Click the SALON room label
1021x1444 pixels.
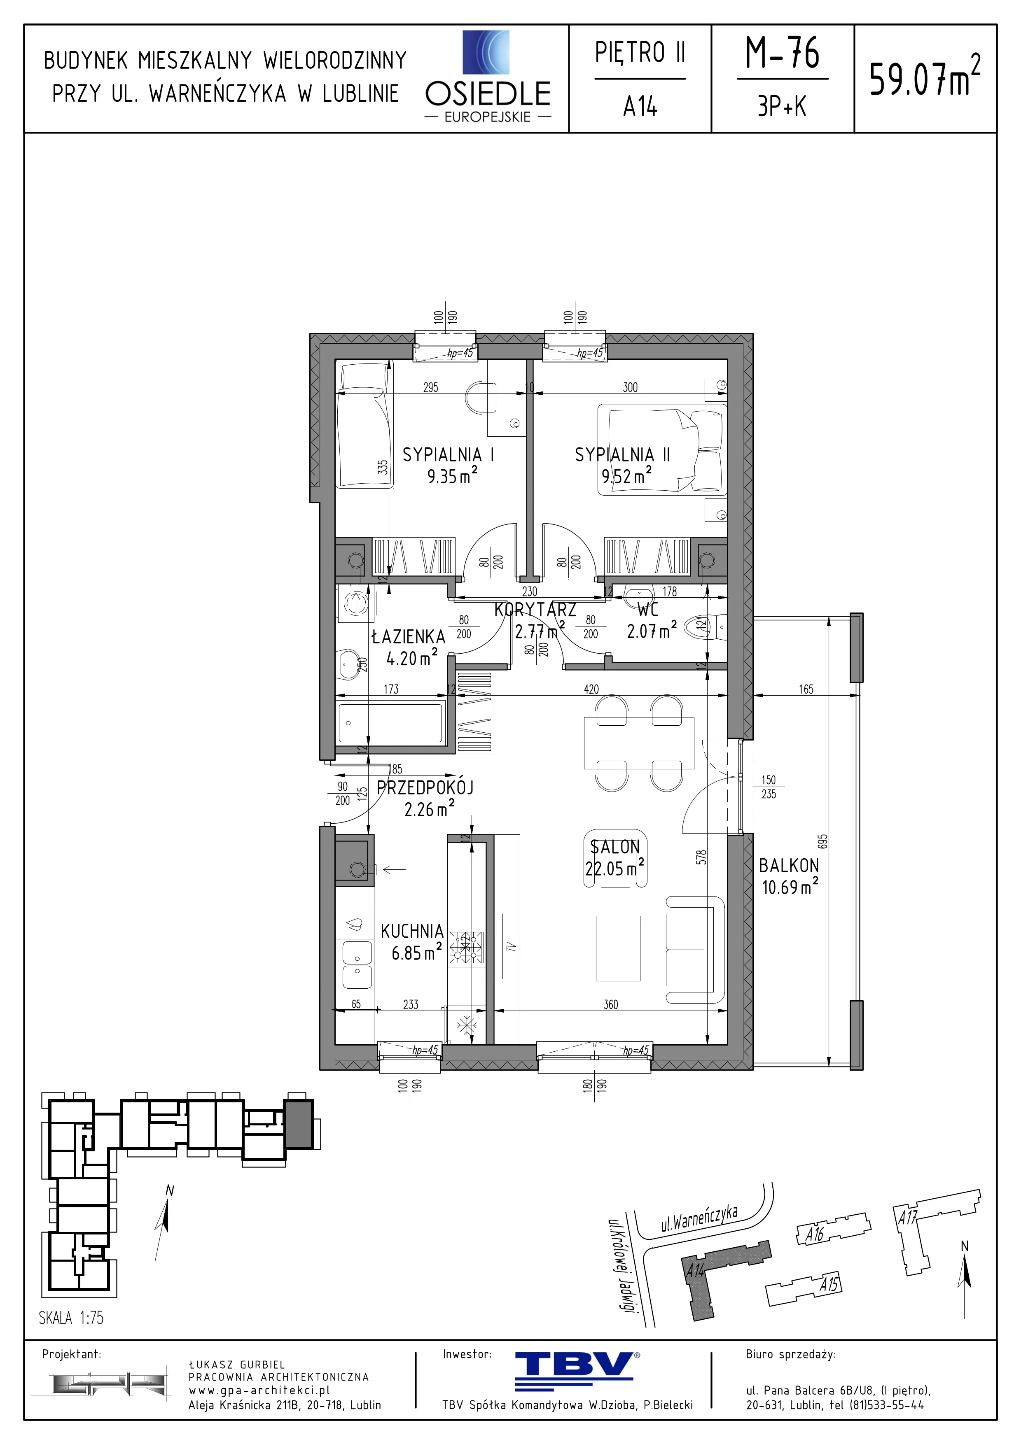tap(614, 847)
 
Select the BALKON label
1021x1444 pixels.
tap(789, 865)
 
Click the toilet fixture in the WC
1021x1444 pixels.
tap(707, 625)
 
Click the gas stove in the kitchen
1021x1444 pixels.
tap(466, 948)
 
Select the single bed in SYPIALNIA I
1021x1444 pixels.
tap(365, 426)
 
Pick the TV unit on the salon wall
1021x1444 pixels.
tap(500, 946)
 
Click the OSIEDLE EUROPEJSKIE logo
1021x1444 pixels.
tap(488, 77)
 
